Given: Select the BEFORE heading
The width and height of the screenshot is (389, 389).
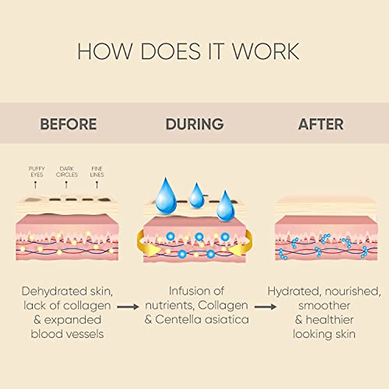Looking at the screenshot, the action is pos(68,124).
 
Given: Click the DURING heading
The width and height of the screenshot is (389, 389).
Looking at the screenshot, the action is pos(194,124).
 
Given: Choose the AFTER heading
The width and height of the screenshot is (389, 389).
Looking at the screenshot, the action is pos(321,124).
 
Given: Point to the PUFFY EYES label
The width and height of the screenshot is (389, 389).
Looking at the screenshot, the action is pos(37,171).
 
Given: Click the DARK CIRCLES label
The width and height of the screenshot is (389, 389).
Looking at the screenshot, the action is pos(67,171).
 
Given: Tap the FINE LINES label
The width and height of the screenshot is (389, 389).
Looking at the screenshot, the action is pos(97,171).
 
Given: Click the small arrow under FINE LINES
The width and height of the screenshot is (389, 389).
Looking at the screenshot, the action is pos(97,185).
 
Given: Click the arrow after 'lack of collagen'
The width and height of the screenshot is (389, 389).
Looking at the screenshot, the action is pos(128,306).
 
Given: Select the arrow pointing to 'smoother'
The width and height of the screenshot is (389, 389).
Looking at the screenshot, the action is pos(265,306).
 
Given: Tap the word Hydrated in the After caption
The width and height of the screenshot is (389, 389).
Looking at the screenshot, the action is pos(294,291).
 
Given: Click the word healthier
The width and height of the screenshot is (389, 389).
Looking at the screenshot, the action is pos(330,320).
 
